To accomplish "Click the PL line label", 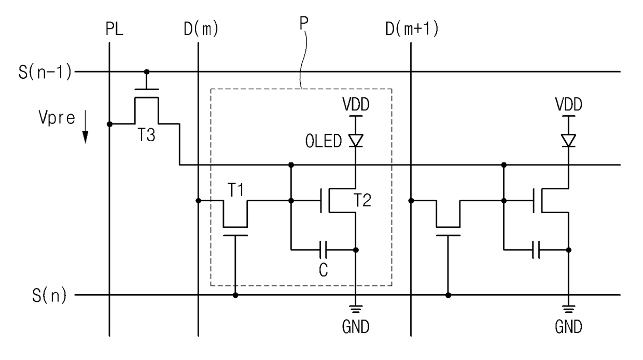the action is [115, 29].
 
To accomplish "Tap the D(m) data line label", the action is [201, 29].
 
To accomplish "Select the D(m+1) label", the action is [412, 29].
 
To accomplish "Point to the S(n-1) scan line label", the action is [45, 72].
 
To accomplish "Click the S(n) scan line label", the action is [49, 295].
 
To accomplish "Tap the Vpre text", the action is [57, 118].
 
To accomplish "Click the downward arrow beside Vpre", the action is [85, 127].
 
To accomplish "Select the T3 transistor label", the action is [146, 135].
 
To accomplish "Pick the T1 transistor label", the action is [235, 189].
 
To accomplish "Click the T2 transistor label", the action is [362, 200].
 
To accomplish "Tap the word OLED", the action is [324, 141].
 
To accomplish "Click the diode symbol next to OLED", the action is [356, 141].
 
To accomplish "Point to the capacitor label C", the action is [324, 270].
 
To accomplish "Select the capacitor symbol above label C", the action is [323, 250].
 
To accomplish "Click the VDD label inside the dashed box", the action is [356, 104].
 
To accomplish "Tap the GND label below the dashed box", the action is [356, 327].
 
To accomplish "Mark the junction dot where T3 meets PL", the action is [109, 124].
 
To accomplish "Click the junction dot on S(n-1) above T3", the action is [147, 72].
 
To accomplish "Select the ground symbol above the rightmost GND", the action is [569, 309].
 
